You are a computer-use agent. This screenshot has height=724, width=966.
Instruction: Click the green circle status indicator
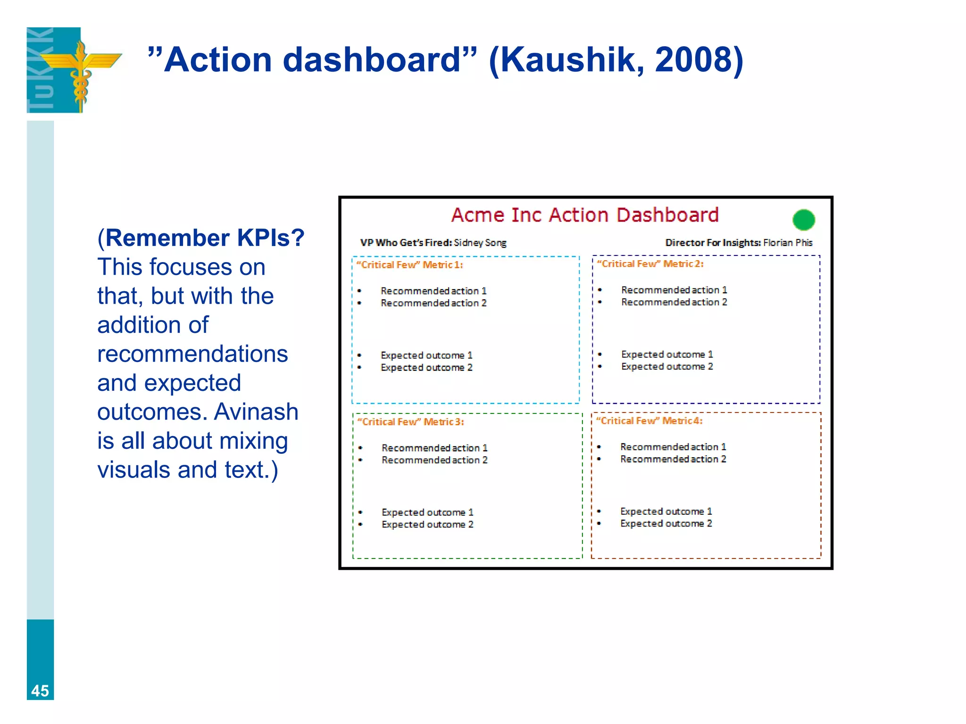coord(803,220)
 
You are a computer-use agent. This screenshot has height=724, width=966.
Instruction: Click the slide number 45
coord(40,691)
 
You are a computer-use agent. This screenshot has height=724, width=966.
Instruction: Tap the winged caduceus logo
coord(81,71)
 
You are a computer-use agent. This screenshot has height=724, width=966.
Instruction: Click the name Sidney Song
coord(480,243)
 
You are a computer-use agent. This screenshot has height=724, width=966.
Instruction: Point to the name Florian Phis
coord(788,243)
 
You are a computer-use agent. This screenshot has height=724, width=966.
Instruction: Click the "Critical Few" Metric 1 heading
coord(409,265)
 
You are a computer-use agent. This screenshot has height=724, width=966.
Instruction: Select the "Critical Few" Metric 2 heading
coord(650,264)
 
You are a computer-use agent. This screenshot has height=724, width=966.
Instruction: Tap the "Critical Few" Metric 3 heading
coord(410,422)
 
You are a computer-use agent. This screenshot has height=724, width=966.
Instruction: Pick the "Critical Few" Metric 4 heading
coord(649,421)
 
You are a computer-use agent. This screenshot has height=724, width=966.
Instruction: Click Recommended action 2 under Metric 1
coord(433,303)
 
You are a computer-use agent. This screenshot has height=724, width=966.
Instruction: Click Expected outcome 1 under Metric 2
coord(666,354)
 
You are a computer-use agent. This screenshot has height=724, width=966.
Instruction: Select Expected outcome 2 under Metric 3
coord(427,525)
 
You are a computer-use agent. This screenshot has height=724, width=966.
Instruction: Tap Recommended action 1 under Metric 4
coord(673,447)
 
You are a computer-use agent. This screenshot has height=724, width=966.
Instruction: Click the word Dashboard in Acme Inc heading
coord(667,215)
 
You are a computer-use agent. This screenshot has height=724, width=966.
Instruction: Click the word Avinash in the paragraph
coord(256,412)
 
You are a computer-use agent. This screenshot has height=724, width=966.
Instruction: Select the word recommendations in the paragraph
coord(192,354)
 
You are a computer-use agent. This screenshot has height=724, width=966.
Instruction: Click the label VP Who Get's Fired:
coord(406,243)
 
